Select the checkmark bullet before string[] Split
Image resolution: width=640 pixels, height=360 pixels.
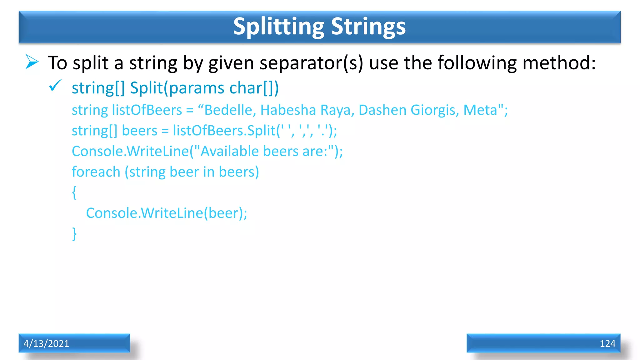(55, 86)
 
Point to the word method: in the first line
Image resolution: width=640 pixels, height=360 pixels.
(559, 63)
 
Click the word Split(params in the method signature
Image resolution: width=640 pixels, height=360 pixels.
(177, 88)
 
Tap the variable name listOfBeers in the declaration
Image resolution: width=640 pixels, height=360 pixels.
(147, 110)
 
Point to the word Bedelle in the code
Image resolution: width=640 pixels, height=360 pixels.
(228, 110)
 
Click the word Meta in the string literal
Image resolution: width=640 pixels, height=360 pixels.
(480, 110)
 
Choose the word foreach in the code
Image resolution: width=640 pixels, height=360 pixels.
(96, 172)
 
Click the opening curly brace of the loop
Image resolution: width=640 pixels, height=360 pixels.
(74, 192)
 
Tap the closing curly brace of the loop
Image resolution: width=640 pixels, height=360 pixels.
(74, 234)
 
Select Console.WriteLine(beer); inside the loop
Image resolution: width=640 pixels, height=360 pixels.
(167, 213)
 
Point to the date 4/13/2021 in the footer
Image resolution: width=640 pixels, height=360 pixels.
(46, 343)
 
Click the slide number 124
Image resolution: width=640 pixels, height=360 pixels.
(607, 343)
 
